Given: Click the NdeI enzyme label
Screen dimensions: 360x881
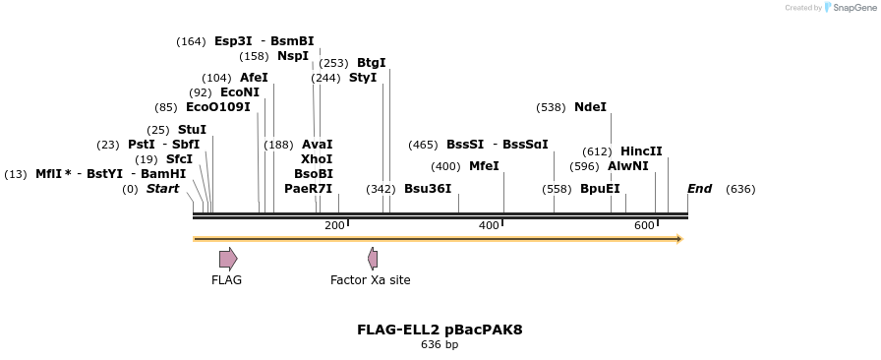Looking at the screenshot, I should tap(590, 107).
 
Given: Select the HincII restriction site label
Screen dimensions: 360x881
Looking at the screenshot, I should tap(641, 151).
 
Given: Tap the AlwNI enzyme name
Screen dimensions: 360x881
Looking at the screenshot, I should tap(628, 166).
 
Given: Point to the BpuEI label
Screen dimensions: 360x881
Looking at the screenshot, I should tap(600, 189).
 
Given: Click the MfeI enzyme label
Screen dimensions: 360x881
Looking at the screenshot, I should tap(484, 166).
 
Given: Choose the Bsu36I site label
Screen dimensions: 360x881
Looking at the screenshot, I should tap(428, 189).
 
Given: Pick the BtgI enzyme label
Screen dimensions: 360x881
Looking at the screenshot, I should tap(371, 63).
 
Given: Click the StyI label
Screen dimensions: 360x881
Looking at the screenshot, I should tap(363, 78).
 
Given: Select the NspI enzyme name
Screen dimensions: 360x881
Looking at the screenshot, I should tap(293, 56).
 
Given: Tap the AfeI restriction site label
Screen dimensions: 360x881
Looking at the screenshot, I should tap(254, 78).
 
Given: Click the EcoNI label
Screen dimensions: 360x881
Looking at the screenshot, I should tap(240, 92).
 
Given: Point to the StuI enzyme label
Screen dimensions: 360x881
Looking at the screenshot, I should tap(192, 130).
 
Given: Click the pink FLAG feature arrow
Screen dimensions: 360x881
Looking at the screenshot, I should tap(227, 259).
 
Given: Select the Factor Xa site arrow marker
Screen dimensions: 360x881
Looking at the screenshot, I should tap(373, 259).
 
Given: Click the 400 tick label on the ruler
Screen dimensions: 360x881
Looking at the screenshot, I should tap(489, 226).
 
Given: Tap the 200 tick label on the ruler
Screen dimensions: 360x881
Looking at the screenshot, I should tap(334, 226).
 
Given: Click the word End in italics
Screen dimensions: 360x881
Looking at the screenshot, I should tap(699, 189).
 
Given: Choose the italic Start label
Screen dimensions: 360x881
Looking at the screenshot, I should tap(162, 189).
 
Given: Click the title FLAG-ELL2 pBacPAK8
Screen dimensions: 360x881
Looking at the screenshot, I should tap(440, 330).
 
